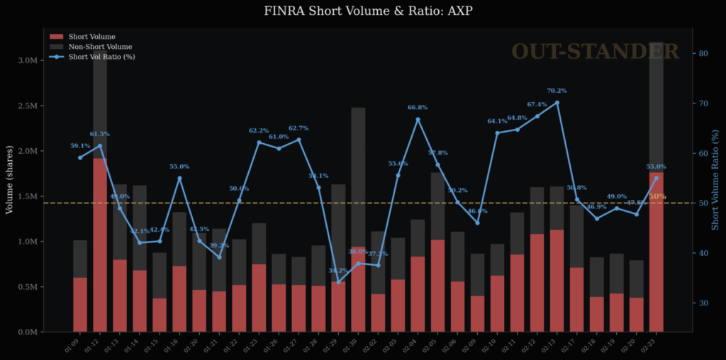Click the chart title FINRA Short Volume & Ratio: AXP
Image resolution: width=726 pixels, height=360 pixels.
click(362, 11)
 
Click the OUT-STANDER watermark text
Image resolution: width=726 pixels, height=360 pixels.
click(595, 51)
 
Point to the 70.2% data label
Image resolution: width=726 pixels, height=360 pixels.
click(557, 91)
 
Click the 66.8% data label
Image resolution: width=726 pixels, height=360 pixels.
click(418, 107)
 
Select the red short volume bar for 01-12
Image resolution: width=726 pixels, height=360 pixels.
click(100, 244)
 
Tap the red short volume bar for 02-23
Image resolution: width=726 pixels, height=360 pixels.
click(656, 252)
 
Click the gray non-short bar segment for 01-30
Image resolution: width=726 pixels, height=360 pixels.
click(358, 177)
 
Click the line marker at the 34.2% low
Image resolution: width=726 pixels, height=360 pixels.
click(338, 281)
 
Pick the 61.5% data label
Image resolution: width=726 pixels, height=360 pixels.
click(100, 133)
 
